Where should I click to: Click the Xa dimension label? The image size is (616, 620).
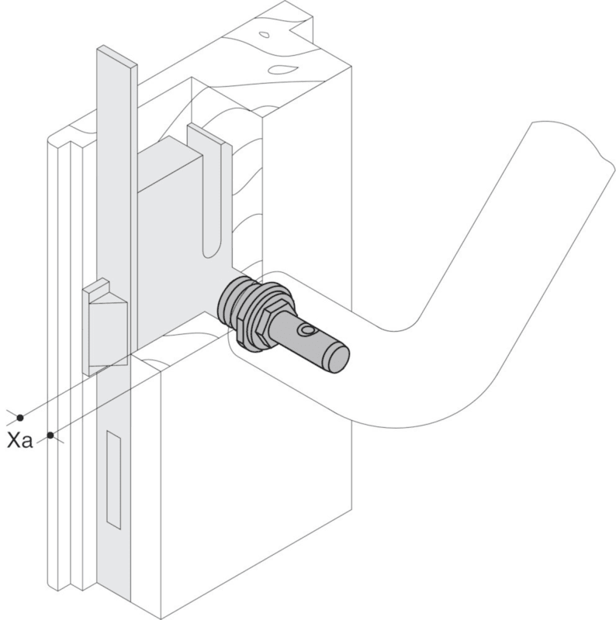(20, 440)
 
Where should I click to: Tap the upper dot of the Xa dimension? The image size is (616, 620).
(20, 417)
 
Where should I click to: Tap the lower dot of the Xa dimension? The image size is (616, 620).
(50, 436)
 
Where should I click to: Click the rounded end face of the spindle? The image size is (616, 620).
(337, 358)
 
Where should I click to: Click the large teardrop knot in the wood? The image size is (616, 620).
(282, 70)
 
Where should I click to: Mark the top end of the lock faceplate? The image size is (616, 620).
(117, 55)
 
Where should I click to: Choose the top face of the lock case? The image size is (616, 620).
(168, 163)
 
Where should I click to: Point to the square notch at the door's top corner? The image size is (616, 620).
(303, 26)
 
